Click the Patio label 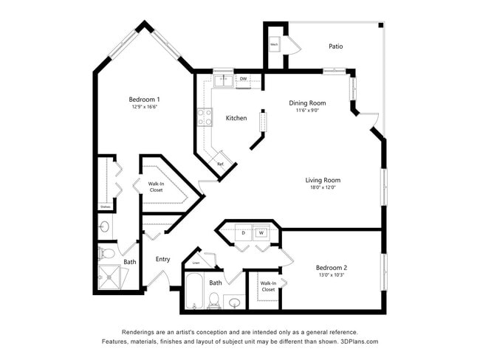tap(335, 46)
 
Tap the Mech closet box tap(274, 45)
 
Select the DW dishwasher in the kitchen tap(243, 78)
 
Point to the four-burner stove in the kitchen tap(205, 116)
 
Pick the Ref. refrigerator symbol tap(220, 164)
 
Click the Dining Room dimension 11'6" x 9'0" tap(306, 111)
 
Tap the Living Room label tap(323, 180)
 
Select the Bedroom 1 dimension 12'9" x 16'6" tap(144, 107)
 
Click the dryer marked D tap(244, 233)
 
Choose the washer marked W tap(261, 233)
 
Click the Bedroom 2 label tap(331, 267)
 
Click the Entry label tap(162, 259)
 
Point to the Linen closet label tap(196, 263)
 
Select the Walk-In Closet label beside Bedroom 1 tap(156, 187)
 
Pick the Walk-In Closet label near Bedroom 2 tap(267, 286)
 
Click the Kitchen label tap(236, 118)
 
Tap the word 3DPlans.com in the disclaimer tap(357, 342)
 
